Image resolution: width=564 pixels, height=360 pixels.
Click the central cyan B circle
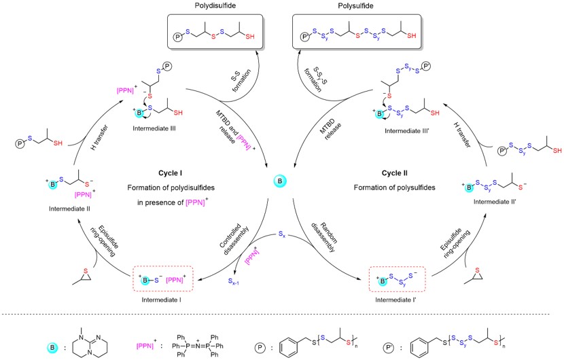pos(282,201)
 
